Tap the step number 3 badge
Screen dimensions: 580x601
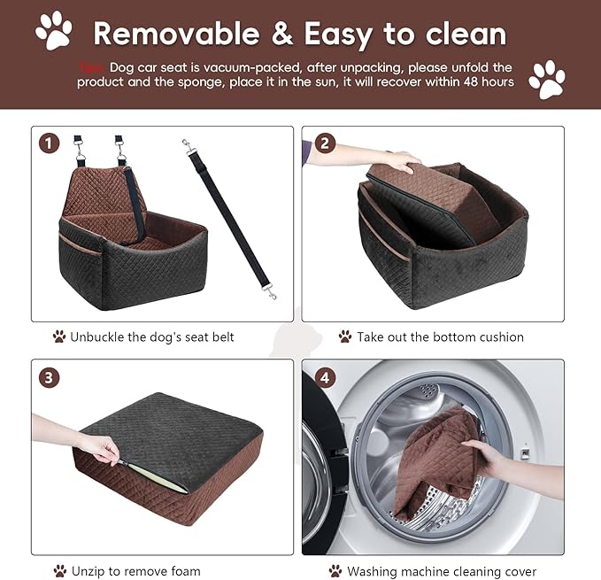coord(51,376)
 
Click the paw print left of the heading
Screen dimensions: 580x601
coord(53,30)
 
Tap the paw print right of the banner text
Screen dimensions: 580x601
coord(546,79)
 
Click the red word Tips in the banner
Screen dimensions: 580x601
coord(90,67)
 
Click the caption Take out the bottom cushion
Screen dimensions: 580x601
coord(440,336)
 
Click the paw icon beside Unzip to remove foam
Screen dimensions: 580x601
coord(59,571)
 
